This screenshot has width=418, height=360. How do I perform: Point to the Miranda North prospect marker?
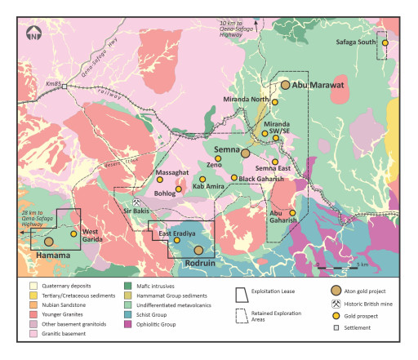[275, 101]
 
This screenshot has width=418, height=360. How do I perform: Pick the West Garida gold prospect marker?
[73, 234]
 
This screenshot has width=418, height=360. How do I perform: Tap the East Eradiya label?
[176, 234]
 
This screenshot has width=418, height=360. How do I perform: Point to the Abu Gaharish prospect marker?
[292, 213]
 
